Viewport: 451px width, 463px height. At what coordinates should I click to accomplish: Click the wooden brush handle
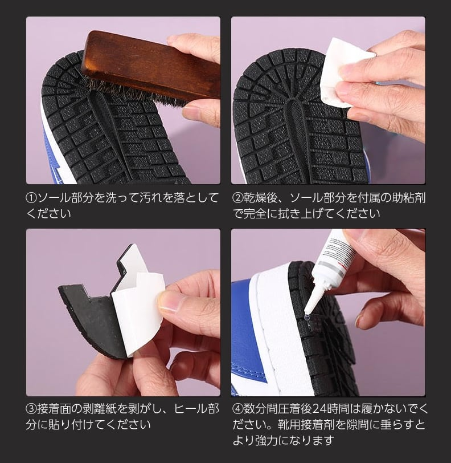(150, 65)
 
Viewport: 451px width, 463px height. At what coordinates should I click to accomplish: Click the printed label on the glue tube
(339, 251)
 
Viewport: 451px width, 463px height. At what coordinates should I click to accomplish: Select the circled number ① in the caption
(31, 198)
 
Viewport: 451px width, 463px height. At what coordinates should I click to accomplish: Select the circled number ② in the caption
(237, 198)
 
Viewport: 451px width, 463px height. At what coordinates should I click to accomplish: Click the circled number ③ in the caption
(31, 409)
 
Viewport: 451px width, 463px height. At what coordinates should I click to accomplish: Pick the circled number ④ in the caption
(237, 409)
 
